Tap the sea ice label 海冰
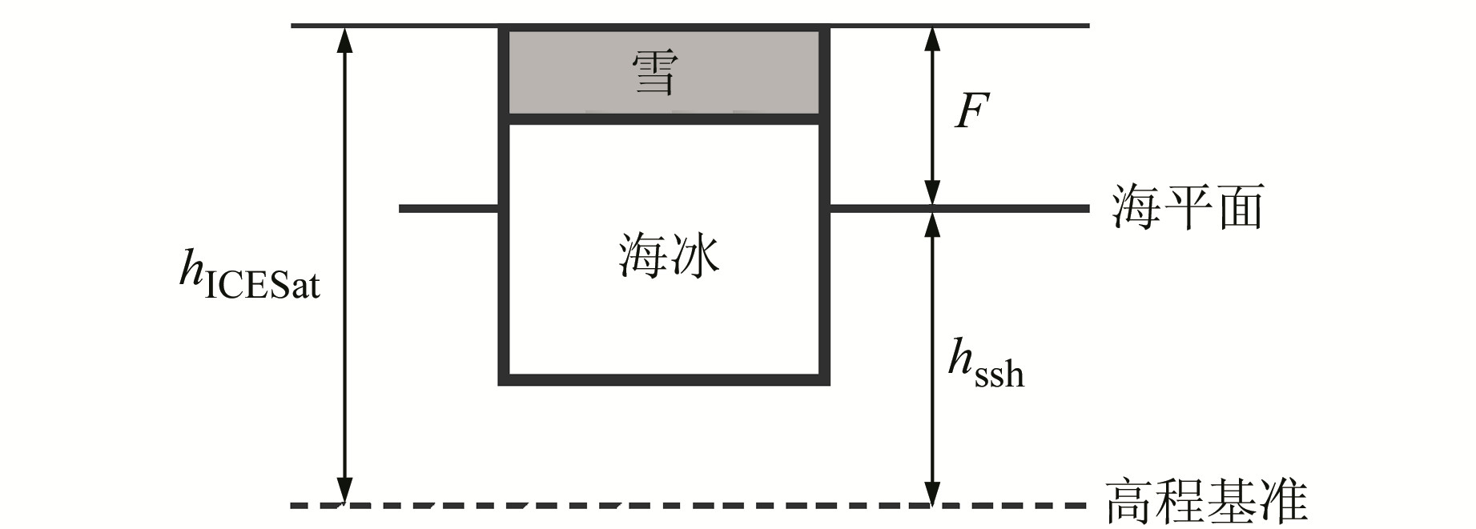pyautogui.click(x=669, y=256)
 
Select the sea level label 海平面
pyautogui.click(x=1187, y=207)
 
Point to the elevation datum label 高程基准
pyautogui.click(x=1206, y=502)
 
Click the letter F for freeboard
pyautogui.click(x=971, y=112)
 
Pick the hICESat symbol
pyautogui.click(x=249, y=275)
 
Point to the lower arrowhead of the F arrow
pyautogui.click(x=931, y=194)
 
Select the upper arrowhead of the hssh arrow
pyautogui.click(x=931, y=224)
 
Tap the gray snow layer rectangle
pyautogui.click(x=561, y=73)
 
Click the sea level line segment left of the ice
pyautogui.click(x=448, y=209)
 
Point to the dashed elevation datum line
pyautogui.click(x=641, y=505)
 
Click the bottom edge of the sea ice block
pyautogui.click(x=664, y=379)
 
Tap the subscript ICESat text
pyautogui.click(x=263, y=287)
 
